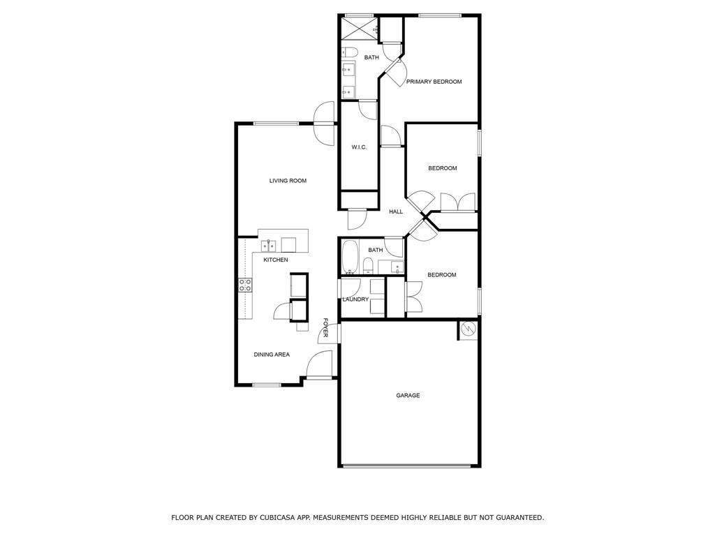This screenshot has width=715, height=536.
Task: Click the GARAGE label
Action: click(x=408, y=396)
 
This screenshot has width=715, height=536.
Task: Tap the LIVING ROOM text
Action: click(x=288, y=181)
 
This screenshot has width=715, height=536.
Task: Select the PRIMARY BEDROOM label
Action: click(x=434, y=82)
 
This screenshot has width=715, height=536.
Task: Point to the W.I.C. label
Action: click(x=359, y=147)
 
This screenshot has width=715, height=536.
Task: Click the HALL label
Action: click(x=396, y=211)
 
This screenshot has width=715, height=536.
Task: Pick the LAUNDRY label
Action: click(x=355, y=299)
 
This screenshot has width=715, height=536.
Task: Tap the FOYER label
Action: click(x=325, y=327)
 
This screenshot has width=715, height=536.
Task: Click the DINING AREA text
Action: click(x=272, y=355)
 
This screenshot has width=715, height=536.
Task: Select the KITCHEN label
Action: click(x=275, y=260)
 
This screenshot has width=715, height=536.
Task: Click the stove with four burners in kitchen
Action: click(x=245, y=285)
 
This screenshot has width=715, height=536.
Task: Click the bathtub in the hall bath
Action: click(x=350, y=258)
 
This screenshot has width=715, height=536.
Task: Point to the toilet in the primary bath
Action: click(x=350, y=52)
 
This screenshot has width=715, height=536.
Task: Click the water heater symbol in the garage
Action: click(x=469, y=329)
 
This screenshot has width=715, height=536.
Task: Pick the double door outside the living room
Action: click(x=324, y=124)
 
